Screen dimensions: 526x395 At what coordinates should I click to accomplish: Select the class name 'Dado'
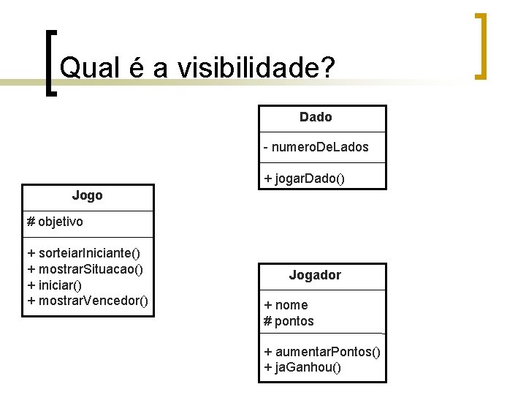point(316,117)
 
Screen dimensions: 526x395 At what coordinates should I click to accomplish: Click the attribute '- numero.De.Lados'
point(316,148)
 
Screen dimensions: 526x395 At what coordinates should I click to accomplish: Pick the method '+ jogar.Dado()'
point(304,178)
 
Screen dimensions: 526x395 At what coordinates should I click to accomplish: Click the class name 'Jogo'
point(87,195)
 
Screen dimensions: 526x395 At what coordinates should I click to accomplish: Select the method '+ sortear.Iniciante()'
point(83,253)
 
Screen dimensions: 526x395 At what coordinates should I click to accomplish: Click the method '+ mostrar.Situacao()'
point(85,268)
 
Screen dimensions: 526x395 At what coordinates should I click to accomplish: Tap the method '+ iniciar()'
point(54,285)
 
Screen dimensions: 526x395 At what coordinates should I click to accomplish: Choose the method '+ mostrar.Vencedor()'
point(88,301)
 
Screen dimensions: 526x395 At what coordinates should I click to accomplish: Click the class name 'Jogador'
point(315,275)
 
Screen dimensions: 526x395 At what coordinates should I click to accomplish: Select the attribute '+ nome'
point(286,305)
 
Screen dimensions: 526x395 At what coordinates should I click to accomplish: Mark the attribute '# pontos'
point(289,321)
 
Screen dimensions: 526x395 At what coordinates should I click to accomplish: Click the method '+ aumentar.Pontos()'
point(322,352)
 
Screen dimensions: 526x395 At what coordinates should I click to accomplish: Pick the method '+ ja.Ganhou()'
point(302,367)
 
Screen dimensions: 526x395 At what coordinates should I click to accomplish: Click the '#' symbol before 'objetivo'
point(31,221)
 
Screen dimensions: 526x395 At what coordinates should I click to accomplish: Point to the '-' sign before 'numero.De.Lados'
point(267,148)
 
